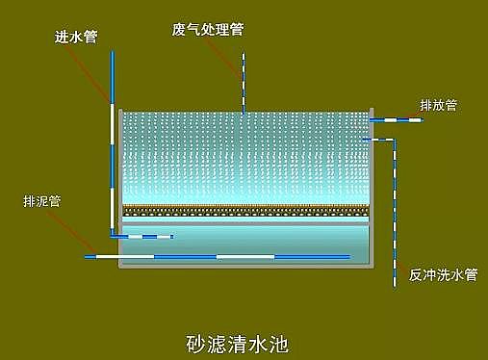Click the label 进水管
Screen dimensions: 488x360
click(77, 38)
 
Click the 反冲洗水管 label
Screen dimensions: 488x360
click(443, 274)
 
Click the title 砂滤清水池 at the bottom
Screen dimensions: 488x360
click(236, 341)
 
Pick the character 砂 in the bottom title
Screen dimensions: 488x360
click(193, 341)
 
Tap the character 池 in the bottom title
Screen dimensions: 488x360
click(279, 341)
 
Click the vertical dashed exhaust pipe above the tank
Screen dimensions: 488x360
click(243, 82)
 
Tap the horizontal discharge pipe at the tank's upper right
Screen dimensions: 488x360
click(395, 119)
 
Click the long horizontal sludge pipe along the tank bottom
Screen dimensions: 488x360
click(221, 256)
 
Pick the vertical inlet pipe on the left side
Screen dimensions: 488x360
click(112, 144)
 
